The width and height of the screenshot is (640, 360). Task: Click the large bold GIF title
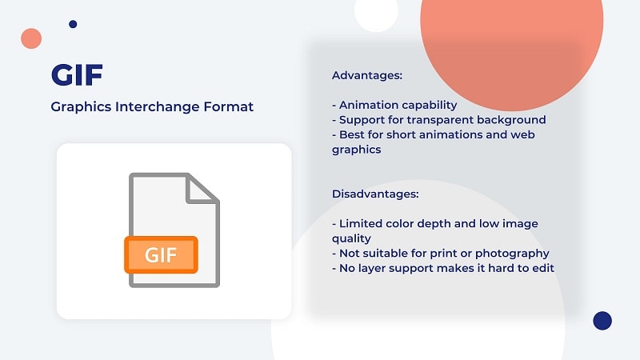(x=77, y=74)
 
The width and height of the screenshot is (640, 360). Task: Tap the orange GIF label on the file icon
(x=162, y=254)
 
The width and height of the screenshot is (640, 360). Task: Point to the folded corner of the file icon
(x=202, y=189)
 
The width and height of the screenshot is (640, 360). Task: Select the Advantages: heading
(x=367, y=75)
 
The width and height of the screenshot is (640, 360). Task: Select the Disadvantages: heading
(x=375, y=194)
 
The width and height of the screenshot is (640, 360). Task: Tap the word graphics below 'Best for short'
(x=356, y=150)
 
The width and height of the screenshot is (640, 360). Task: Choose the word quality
(x=351, y=238)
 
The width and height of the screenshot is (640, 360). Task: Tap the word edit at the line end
(x=543, y=268)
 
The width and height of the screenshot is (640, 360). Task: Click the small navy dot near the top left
(x=73, y=24)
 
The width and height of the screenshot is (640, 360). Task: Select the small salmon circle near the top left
(x=31, y=38)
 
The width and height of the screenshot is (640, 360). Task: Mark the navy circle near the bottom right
(x=602, y=321)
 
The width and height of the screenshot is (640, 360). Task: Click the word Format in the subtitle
(x=229, y=106)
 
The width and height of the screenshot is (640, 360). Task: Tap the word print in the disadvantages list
(x=434, y=254)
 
